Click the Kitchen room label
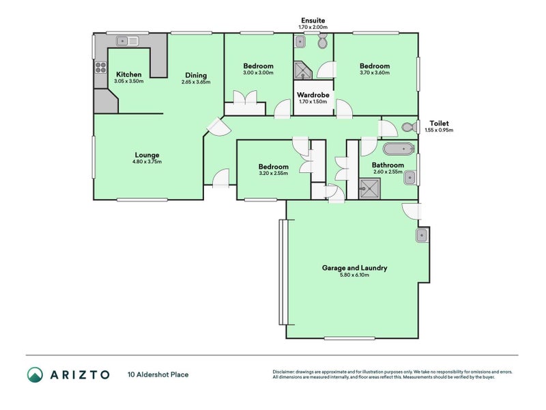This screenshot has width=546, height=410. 129,74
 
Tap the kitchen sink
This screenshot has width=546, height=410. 124,40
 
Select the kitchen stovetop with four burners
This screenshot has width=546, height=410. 100,67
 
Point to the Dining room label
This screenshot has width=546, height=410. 195,75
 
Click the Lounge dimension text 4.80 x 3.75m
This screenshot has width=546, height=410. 147,163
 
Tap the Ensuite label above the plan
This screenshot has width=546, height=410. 313,20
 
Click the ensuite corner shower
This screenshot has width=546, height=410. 301,69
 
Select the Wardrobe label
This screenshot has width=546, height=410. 313,94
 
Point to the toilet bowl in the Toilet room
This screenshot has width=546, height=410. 409,127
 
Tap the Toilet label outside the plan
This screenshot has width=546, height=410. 438,123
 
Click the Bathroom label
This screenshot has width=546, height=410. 388,165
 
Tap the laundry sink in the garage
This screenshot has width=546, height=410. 422,236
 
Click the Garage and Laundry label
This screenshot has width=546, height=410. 354,268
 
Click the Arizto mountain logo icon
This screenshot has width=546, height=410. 35,374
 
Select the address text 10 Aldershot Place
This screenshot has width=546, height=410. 158,374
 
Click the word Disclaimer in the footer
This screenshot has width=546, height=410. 285,371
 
